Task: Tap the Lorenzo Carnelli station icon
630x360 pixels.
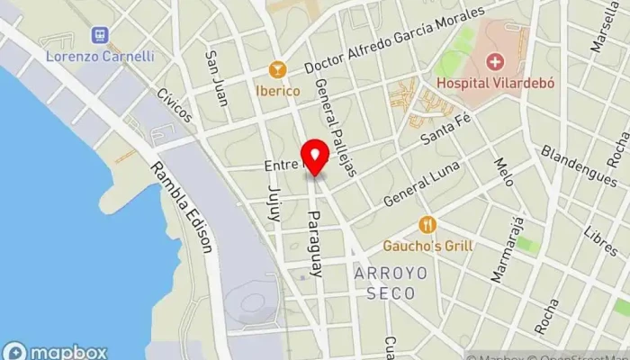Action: point(100,36)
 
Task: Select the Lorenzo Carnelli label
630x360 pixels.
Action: point(100,56)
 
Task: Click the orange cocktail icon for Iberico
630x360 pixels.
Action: point(277,69)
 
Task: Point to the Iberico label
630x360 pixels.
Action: point(277,90)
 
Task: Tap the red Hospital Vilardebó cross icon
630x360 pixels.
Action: point(493,62)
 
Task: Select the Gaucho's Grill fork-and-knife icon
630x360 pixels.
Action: point(427,225)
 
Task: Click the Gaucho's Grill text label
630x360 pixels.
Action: point(427,246)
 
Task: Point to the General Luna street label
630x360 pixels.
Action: point(421,184)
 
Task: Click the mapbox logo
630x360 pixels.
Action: point(56,352)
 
